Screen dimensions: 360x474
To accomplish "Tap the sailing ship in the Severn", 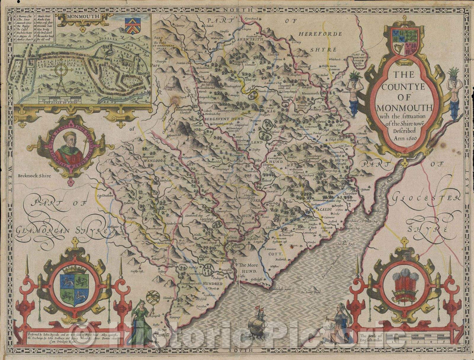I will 257,325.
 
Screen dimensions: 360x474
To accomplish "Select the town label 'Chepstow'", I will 347,192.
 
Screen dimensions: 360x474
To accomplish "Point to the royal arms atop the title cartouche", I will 402,42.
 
